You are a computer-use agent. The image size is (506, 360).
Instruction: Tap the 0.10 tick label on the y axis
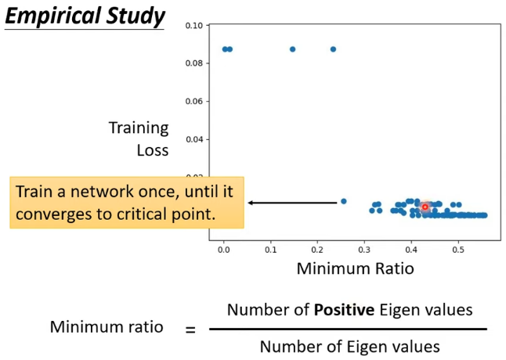(x=194, y=26)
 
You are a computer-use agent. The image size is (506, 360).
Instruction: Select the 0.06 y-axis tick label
(x=194, y=102)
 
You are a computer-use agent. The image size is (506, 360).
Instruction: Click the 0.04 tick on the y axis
(x=194, y=139)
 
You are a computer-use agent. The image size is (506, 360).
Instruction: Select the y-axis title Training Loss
(x=139, y=137)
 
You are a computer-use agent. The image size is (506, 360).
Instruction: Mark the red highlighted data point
(x=425, y=207)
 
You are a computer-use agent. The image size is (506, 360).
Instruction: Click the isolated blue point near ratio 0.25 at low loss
(x=343, y=201)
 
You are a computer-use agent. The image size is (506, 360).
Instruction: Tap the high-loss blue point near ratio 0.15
(x=293, y=49)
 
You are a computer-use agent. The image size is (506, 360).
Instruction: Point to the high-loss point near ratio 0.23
(x=333, y=49)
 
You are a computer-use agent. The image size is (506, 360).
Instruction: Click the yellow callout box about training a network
(x=127, y=202)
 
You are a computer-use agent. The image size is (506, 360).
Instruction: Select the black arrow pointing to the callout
(x=292, y=203)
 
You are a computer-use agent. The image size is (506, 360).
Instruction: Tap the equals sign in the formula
(x=190, y=329)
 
